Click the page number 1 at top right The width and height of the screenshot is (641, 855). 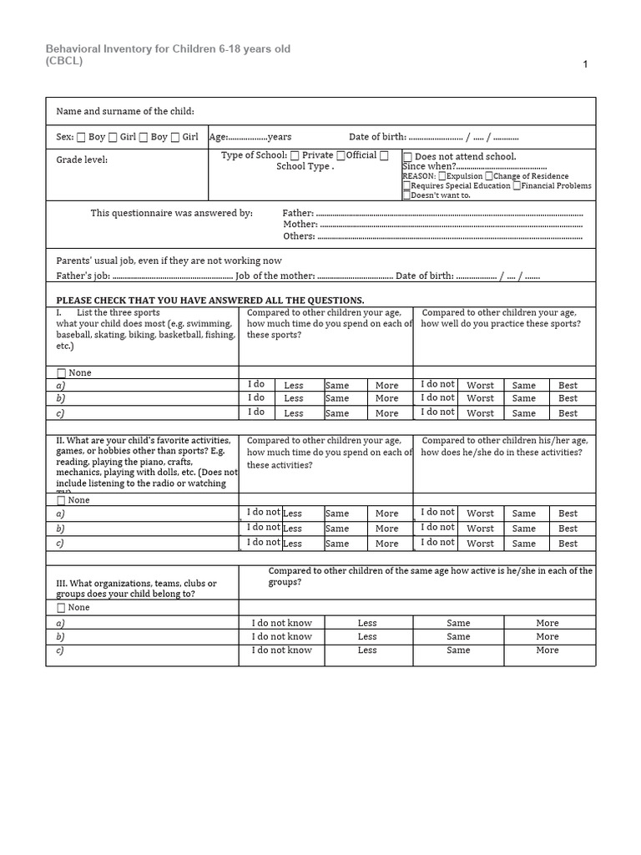[x=586, y=64]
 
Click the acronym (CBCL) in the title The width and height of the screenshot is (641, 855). [x=64, y=61]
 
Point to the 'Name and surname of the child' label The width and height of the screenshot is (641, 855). [x=124, y=111]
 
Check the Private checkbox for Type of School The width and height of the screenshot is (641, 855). [x=295, y=155]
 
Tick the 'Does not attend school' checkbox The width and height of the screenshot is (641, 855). [x=407, y=157]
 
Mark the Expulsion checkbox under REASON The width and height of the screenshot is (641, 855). [x=442, y=176]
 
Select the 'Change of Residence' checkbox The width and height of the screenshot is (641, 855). [x=489, y=176]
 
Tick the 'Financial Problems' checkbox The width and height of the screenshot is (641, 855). [x=517, y=185]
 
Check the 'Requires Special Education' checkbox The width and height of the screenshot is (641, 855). [x=406, y=186]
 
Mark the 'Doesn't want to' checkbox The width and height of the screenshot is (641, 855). [x=406, y=195]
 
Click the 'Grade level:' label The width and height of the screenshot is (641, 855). [x=82, y=159]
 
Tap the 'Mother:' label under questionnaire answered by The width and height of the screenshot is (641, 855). [x=300, y=225]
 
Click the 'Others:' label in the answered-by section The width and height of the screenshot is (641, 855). [x=299, y=236]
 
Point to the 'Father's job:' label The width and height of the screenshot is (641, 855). [x=83, y=276]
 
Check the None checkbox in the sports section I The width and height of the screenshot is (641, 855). [x=61, y=373]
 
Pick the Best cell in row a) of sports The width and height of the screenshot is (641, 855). [x=568, y=386]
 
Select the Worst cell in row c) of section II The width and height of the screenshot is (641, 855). [x=480, y=544]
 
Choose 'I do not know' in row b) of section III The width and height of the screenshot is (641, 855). [x=281, y=636]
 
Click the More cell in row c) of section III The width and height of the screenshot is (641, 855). [x=548, y=650]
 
